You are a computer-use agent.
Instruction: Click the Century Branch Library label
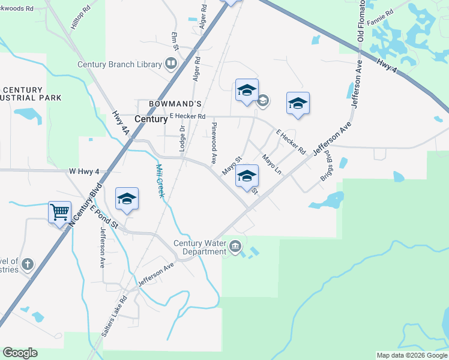(119, 64)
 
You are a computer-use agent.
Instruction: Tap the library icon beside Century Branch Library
(171, 64)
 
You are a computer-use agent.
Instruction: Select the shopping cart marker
(59, 212)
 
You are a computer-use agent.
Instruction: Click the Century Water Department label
(199, 247)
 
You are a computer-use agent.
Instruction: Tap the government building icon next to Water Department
(235, 246)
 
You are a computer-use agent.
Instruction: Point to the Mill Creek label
(160, 182)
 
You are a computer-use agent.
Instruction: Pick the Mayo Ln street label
(272, 164)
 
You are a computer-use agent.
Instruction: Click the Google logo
(20, 353)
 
